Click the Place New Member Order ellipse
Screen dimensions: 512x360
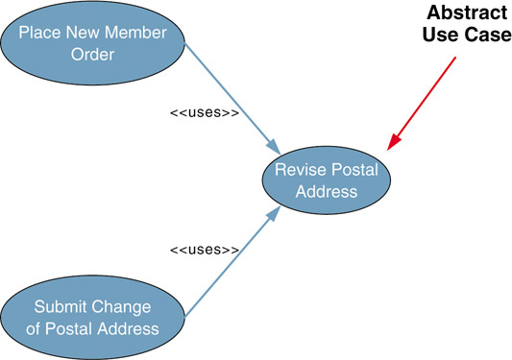tap(93, 43)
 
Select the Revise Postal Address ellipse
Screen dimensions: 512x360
tap(327, 180)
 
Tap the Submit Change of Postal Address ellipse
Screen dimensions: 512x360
tap(93, 317)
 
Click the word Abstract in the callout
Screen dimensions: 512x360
tap(467, 12)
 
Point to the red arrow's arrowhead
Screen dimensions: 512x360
tap(394, 142)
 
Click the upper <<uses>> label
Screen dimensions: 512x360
tap(205, 112)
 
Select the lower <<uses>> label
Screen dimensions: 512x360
tap(205, 250)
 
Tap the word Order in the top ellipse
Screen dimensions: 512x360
tap(93, 54)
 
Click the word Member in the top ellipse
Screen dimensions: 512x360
tap(135, 33)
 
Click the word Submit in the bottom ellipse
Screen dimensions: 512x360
tap(61, 307)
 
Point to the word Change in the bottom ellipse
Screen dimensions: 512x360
tap(121, 308)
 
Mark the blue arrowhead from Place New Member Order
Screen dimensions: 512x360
tap(274, 147)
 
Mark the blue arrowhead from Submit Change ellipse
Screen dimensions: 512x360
tap(274, 214)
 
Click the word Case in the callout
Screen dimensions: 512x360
tap(489, 35)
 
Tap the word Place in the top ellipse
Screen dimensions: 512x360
tap(39, 33)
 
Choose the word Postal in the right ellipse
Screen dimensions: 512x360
tap(354, 170)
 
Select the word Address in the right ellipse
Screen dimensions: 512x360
tap(327, 192)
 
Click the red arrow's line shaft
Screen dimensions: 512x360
tap(426, 99)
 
